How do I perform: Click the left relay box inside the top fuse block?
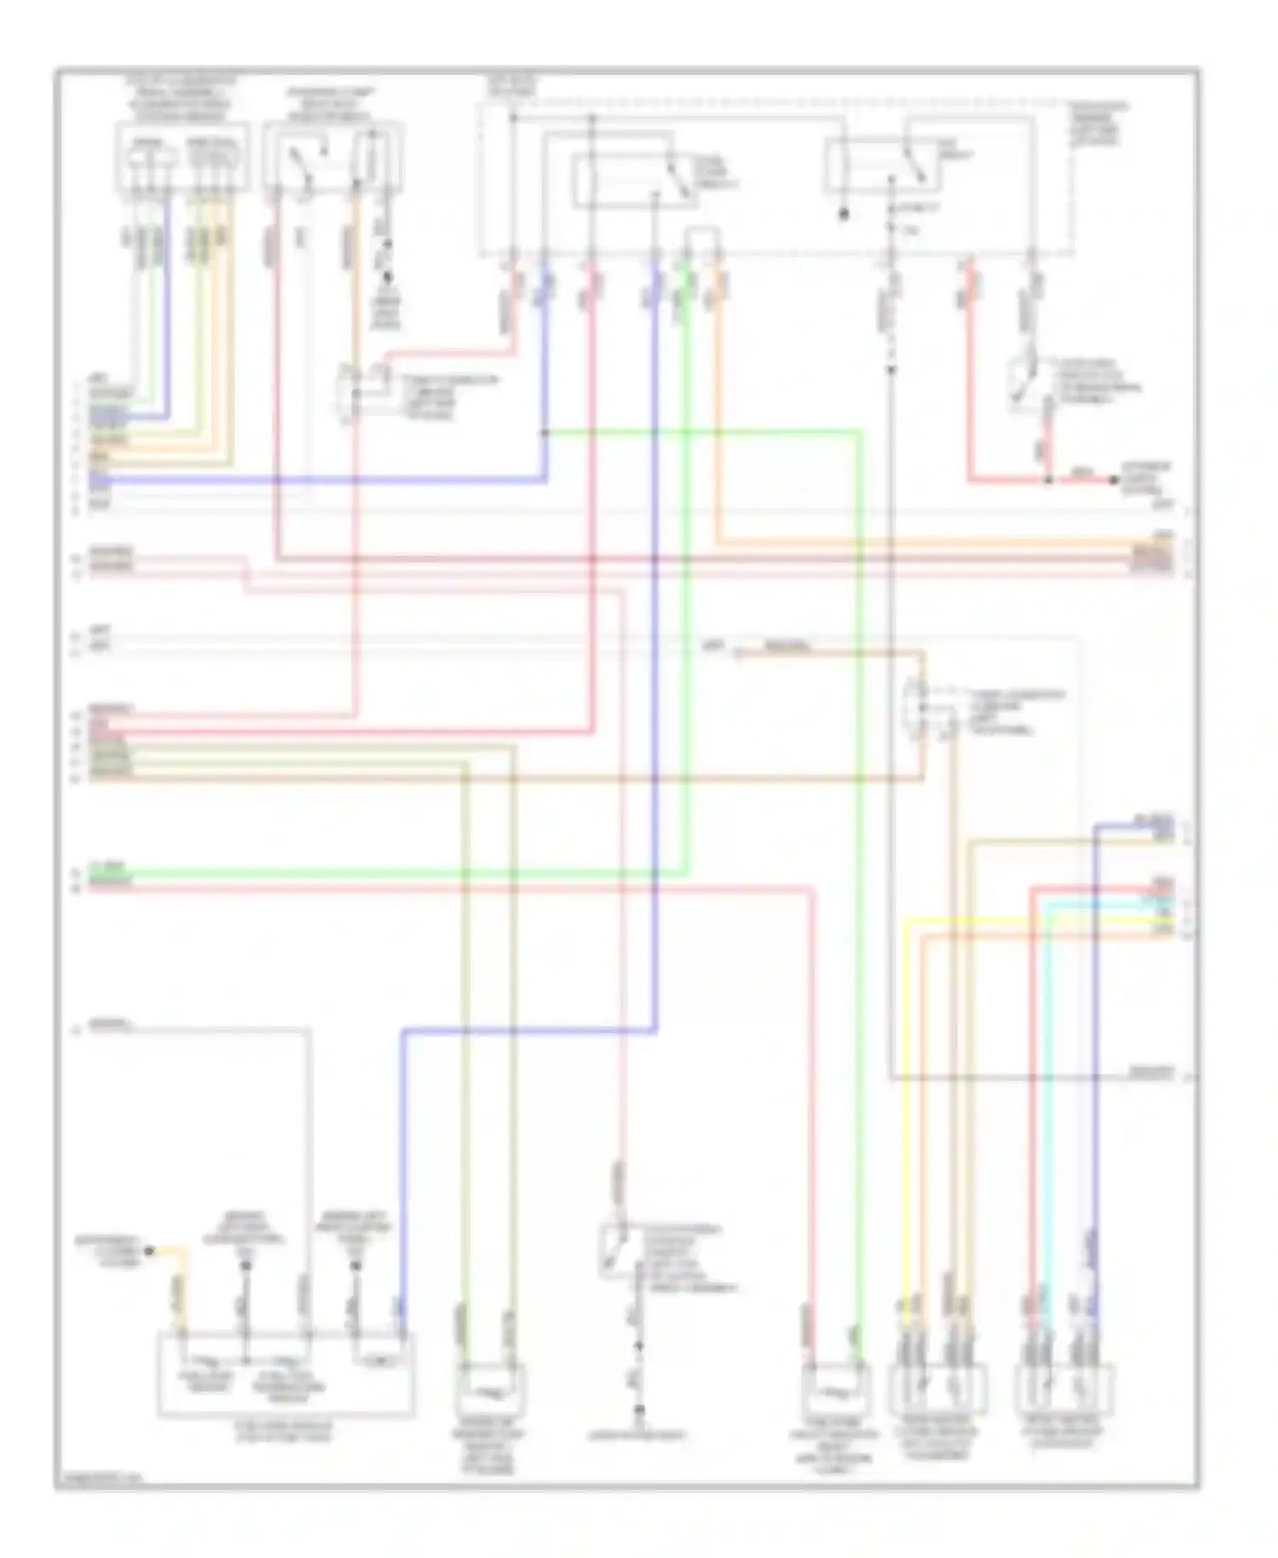635,180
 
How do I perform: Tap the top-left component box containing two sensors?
183,158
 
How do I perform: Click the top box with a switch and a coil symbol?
332,158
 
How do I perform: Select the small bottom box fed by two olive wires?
490,1389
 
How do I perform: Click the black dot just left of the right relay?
843,215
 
